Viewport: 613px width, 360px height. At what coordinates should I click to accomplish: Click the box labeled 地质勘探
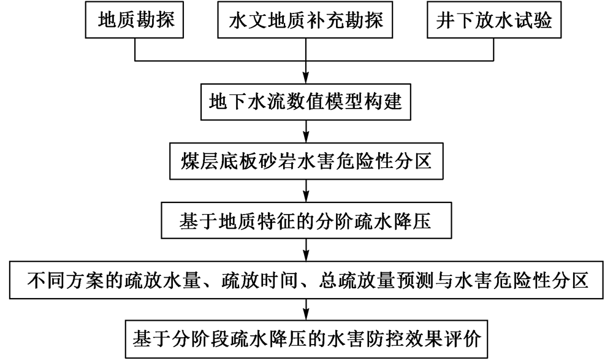pos(134,20)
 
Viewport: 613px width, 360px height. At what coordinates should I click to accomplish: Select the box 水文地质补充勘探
pos(305,20)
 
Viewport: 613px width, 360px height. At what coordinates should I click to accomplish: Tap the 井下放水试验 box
pos(494,20)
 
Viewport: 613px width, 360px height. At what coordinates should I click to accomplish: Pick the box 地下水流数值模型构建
pos(306,102)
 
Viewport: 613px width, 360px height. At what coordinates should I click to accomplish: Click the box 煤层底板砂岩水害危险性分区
pos(306,161)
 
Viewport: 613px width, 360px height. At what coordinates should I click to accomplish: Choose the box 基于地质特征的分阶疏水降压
pos(306,220)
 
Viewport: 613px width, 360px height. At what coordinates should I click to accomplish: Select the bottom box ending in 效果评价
pos(306,339)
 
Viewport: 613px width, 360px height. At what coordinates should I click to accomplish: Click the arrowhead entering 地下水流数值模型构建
pos(306,79)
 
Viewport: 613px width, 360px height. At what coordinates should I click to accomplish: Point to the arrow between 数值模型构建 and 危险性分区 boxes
pos(306,131)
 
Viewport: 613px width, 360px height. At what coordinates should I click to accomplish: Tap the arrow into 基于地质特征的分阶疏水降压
pos(306,191)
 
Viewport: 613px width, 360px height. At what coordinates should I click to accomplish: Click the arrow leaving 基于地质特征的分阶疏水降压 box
pos(306,250)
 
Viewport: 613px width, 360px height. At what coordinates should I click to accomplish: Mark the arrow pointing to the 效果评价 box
pos(306,310)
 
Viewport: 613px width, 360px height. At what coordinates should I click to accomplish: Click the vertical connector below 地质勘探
pos(135,49)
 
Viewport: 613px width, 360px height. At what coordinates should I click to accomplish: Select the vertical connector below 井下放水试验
pos(493,49)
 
